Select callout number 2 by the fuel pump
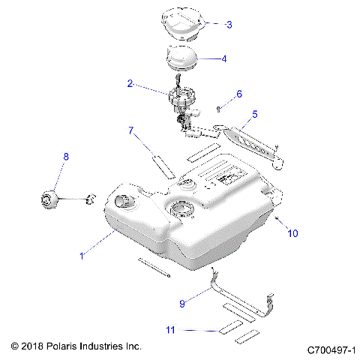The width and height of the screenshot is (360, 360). click(x=130, y=85)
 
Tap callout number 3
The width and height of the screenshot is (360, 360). click(x=229, y=24)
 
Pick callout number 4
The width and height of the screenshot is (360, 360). click(x=223, y=58)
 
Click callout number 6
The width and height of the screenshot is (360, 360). click(x=239, y=94)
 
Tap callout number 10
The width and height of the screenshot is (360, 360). click(x=292, y=233)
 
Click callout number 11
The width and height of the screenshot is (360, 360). click(x=171, y=329)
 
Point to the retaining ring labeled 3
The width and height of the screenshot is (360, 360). click(x=181, y=20)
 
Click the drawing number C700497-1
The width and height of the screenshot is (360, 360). click(x=330, y=349)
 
